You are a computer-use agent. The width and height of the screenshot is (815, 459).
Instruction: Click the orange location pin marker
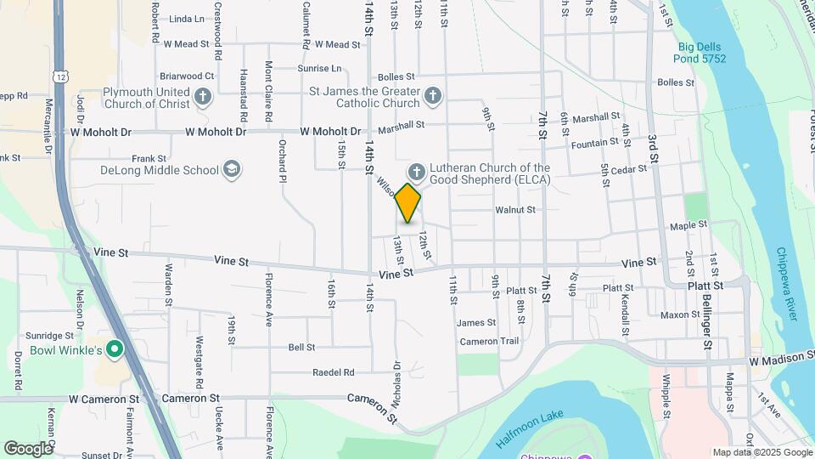(x=408, y=203)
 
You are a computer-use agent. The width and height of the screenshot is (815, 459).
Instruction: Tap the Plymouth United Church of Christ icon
(x=203, y=97)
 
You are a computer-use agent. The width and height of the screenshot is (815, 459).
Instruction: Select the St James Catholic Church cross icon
(x=432, y=96)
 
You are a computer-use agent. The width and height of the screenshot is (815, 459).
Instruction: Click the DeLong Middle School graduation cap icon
(x=231, y=170)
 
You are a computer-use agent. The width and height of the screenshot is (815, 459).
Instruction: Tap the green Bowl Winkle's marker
(x=115, y=349)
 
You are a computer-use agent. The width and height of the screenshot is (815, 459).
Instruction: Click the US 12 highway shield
(x=63, y=76)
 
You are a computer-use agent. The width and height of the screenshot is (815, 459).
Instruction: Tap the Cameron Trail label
(x=489, y=341)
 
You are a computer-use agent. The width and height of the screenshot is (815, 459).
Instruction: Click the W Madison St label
(x=782, y=361)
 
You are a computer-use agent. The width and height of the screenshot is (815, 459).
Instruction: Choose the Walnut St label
(x=515, y=209)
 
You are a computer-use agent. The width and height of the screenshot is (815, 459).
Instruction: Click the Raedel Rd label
(x=333, y=372)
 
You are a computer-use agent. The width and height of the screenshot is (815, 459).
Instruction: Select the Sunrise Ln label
(x=319, y=68)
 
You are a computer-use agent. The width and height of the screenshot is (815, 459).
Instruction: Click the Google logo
(x=28, y=448)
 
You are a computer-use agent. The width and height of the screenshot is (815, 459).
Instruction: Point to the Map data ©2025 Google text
(x=761, y=452)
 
